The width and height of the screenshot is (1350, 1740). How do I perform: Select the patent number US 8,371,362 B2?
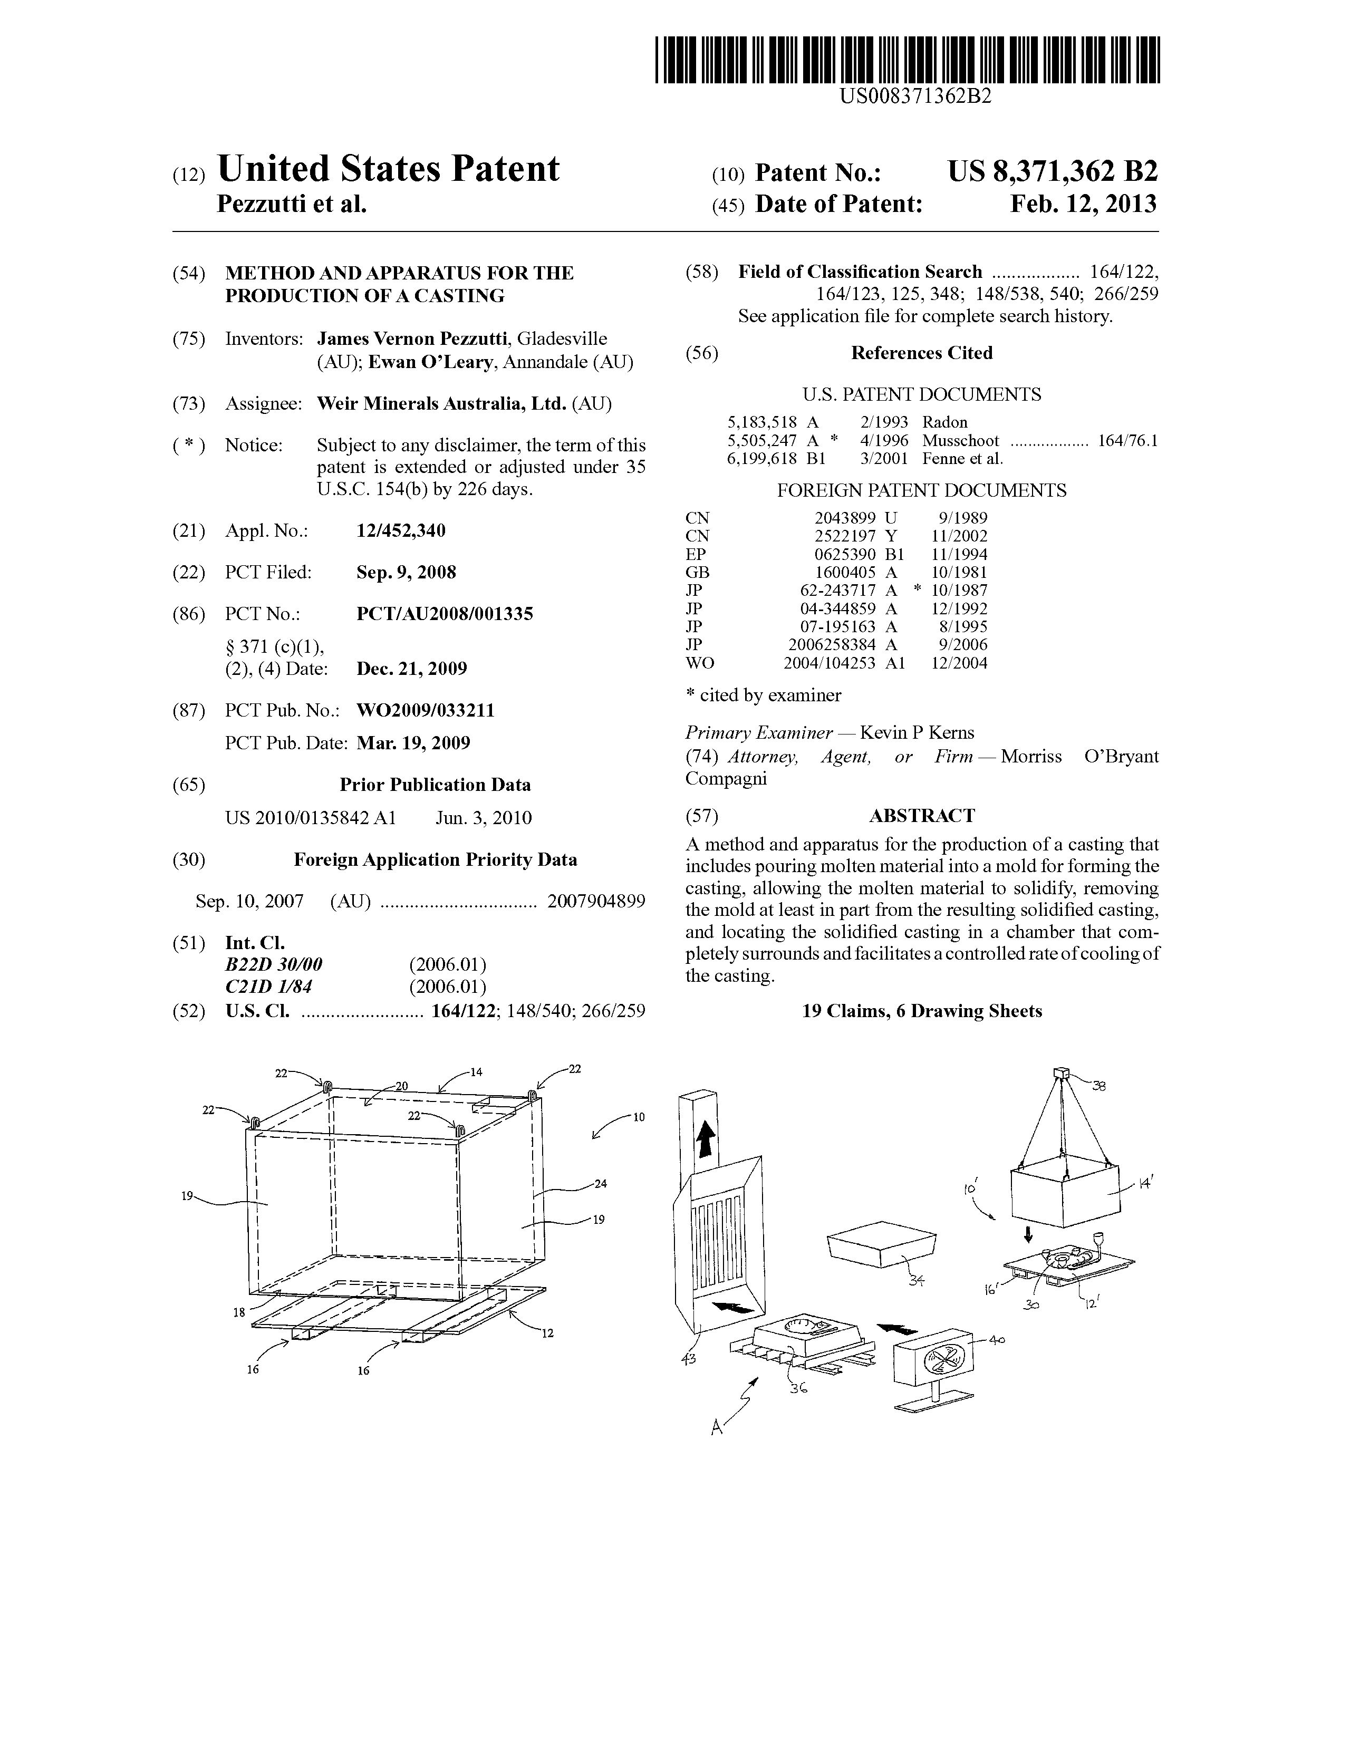1052,172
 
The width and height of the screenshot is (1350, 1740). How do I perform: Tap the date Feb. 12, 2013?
1083,205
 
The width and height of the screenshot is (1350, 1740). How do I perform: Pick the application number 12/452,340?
401,530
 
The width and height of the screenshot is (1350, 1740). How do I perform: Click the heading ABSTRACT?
921,816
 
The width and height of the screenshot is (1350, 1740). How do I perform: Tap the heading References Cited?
921,353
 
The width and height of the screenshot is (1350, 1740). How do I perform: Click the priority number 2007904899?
596,901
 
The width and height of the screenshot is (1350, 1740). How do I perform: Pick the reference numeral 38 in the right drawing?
1099,1085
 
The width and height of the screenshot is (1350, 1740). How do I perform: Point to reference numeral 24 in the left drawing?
600,1183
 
